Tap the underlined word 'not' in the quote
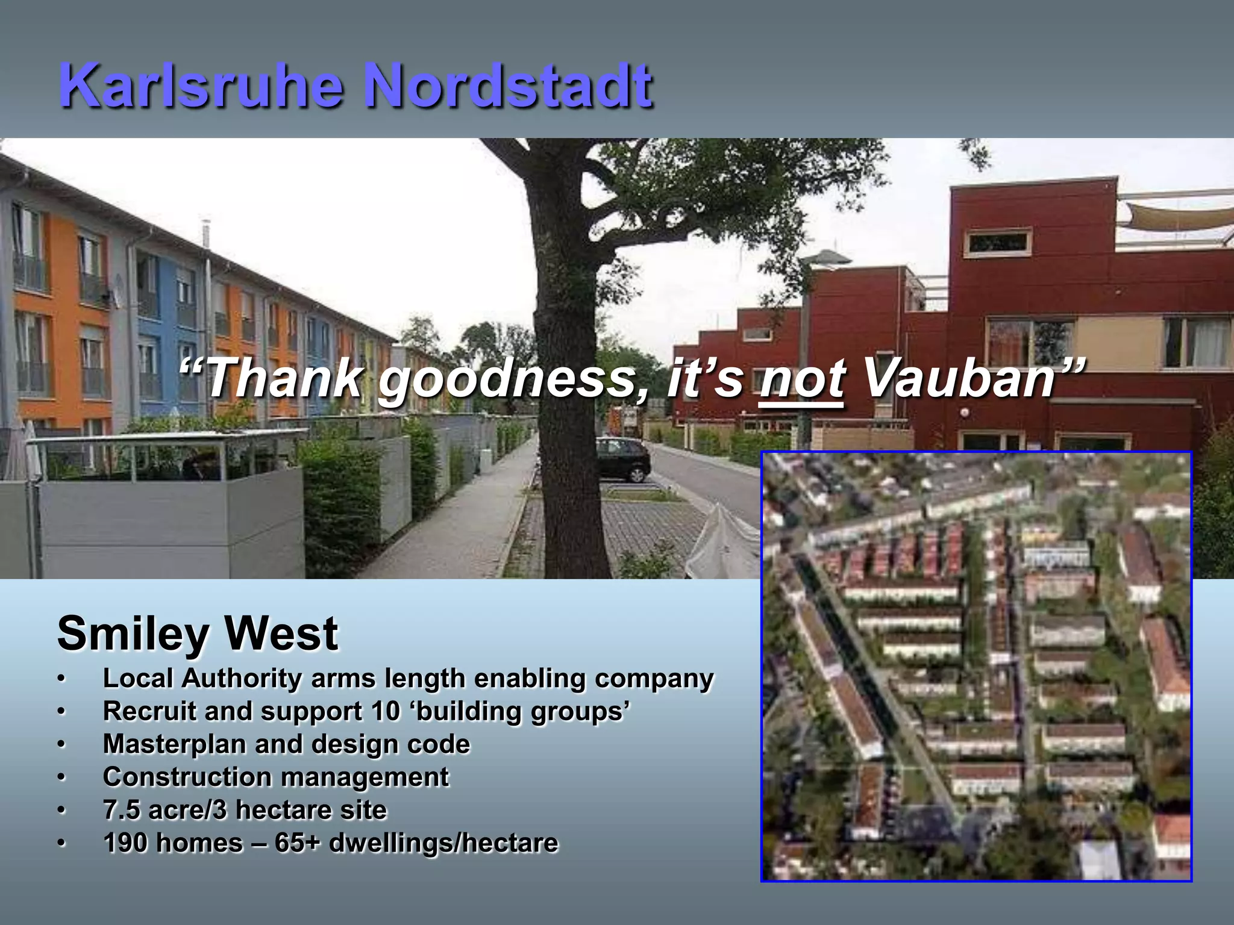(802, 379)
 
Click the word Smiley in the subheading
(133, 635)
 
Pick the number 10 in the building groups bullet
(386, 711)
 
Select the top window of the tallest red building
(997, 242)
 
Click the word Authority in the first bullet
(242, 679)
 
